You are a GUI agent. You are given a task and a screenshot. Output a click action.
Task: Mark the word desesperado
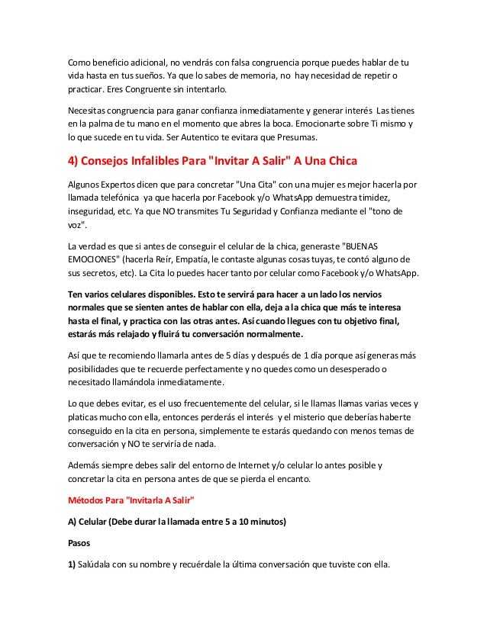(x=344, y=369)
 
